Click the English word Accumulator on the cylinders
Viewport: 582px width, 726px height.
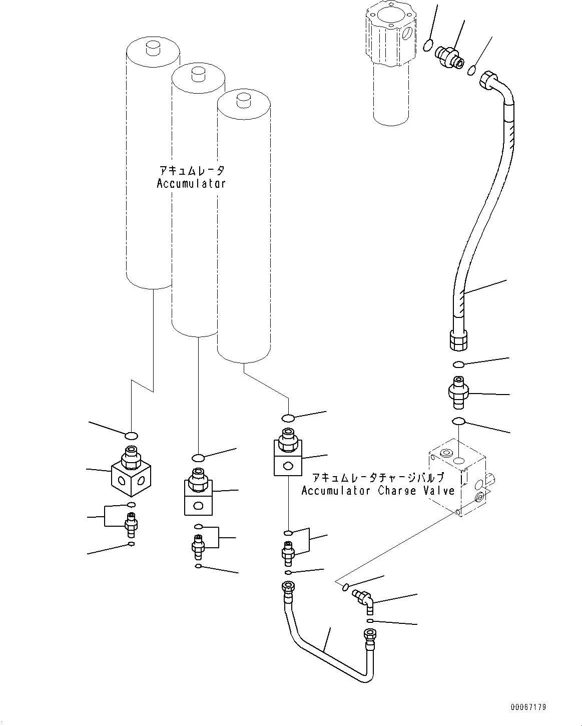pos(191,183)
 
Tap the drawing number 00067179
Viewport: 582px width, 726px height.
pos(528,707)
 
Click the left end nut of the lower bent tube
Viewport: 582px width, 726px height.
pos(288,587)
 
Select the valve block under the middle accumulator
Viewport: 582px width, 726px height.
pos(198,497)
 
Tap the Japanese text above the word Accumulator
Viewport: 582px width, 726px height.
pos(191,171)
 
